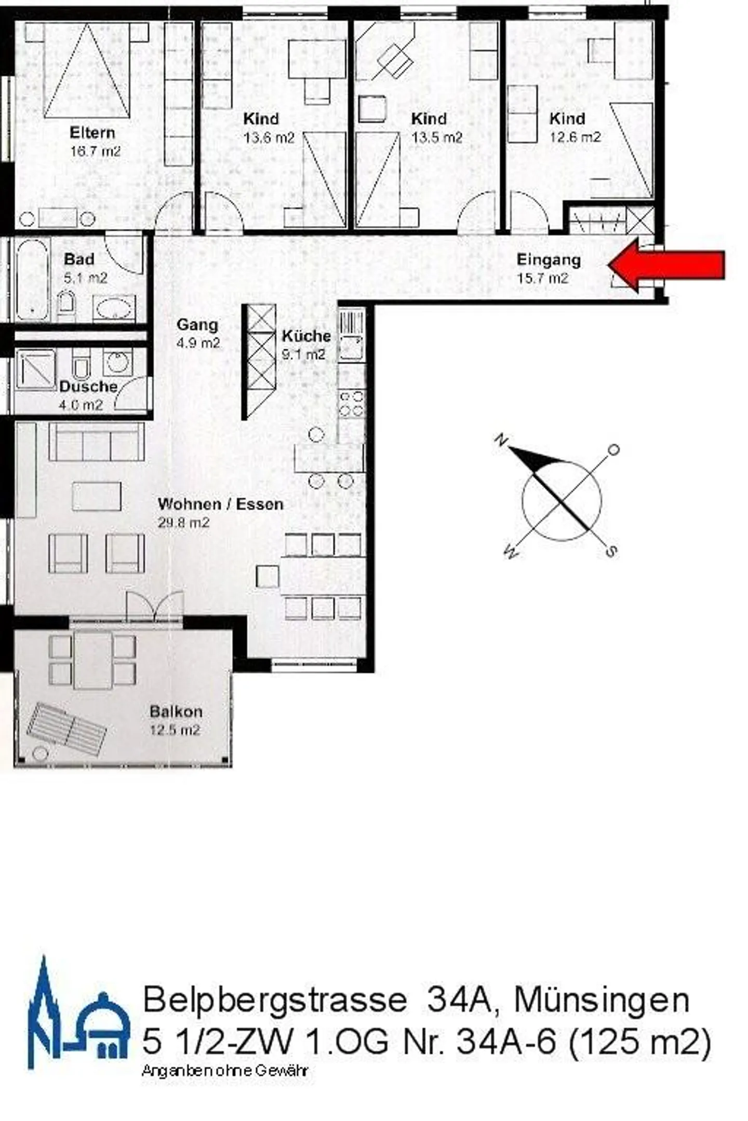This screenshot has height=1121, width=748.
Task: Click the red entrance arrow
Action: (x=667, y=265)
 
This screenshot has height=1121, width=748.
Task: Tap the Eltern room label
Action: (x=92, y=133)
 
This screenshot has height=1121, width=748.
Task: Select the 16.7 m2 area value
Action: (x=95, y=152)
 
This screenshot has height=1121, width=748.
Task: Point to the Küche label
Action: (x=306, y=336)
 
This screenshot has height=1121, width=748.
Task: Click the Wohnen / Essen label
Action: (x=220, y=504)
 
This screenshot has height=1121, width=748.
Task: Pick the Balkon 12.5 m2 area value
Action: (x=175, y=730)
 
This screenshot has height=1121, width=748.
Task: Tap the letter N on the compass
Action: (x=501, y=441)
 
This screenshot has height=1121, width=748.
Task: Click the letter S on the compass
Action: (x=611, y=551)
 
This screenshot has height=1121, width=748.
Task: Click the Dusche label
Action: (x=88, y=387)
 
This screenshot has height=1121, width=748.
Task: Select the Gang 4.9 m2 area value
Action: (x=198, y=343)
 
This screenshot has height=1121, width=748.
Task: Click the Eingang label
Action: (x=549, y=260)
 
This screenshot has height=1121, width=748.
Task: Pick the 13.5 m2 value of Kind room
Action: (x=437, y=138)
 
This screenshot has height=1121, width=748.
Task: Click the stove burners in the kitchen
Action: (x=352, y=404)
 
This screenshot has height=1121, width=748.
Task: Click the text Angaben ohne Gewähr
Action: (x=225, y=1071)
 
